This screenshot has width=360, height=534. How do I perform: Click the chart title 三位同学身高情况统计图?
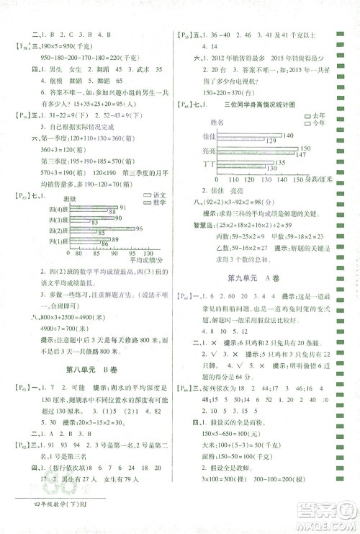click(260, 105)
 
